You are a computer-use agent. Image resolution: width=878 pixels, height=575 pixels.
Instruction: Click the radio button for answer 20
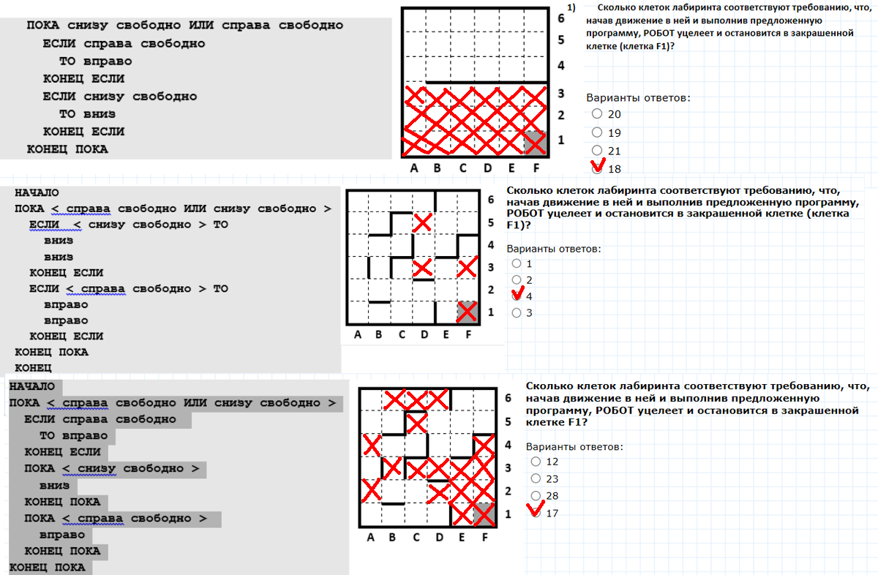click(x=596, y=113)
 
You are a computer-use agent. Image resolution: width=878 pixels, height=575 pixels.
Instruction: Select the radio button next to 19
click(x=596, y=132)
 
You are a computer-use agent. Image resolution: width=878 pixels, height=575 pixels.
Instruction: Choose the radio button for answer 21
click(x=596, y=150)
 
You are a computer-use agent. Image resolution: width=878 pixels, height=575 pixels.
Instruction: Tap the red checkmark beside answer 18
click(x=599, y=165)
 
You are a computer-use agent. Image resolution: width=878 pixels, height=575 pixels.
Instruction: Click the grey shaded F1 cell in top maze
click(x=536, y=143)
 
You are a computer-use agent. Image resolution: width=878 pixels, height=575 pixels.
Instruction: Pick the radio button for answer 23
click(x=536, y=478)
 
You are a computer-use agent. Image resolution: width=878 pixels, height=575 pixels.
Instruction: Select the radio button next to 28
click(x=536, y=495)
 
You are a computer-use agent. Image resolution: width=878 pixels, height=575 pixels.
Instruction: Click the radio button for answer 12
click(x=536, y=462)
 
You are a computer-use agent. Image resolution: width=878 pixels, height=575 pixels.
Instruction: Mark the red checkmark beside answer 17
click(x=536, y=508)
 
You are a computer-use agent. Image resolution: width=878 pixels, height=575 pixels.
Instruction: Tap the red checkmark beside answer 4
click(x=518, y=293)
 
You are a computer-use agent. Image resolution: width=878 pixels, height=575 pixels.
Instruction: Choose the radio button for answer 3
click(x=517, y=313)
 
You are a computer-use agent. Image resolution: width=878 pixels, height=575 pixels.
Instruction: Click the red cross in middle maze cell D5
click(x=423, y=222)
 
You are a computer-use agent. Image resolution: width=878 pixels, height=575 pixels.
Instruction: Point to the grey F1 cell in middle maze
click(x=468, y=312)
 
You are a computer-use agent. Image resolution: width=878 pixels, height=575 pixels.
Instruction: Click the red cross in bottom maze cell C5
click(x=416, y=423)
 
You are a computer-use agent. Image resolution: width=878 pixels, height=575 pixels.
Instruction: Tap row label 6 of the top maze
click(x=561, y=18)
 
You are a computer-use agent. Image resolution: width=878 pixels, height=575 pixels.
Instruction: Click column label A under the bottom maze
click(x=370, y=538)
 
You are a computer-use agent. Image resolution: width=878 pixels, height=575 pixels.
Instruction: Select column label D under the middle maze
click(x=424, y=335)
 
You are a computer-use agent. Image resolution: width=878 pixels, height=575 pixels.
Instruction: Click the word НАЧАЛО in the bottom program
click(x=31, y=386)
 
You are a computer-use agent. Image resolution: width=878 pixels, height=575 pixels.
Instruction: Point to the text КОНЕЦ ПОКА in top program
click(x=67, y=149)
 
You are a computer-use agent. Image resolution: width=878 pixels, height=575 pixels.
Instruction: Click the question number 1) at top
click(x=571, y=8)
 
